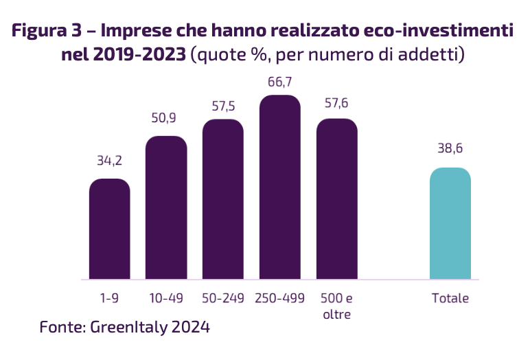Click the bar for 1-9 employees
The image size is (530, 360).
[x=110, y=229]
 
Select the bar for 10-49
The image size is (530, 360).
[x=166, y=207]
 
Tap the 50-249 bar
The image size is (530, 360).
[x=223, y=199]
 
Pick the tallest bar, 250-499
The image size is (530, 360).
[x=280, y=187]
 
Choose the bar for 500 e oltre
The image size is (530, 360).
[x=337, y=199]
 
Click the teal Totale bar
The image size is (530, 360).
[x=450, y=223]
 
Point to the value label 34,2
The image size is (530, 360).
[x=110, y=160]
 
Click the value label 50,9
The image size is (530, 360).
[x=163, y=117]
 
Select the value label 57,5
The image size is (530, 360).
[x=223, y=106]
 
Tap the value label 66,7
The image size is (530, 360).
[x=280, y=82]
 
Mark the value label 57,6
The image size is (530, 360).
[x=336, y=103]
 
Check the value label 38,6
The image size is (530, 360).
[x=450, y=148]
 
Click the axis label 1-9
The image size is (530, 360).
[x=110, y=298]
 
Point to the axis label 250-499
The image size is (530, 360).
[x=280, y=298]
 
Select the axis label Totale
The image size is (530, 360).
[x=450, y=298]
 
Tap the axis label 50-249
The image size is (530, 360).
[x=223, y=298]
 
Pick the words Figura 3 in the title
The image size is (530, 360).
[x=47, y=30]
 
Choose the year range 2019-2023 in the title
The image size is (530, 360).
[x=139, y=54]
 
